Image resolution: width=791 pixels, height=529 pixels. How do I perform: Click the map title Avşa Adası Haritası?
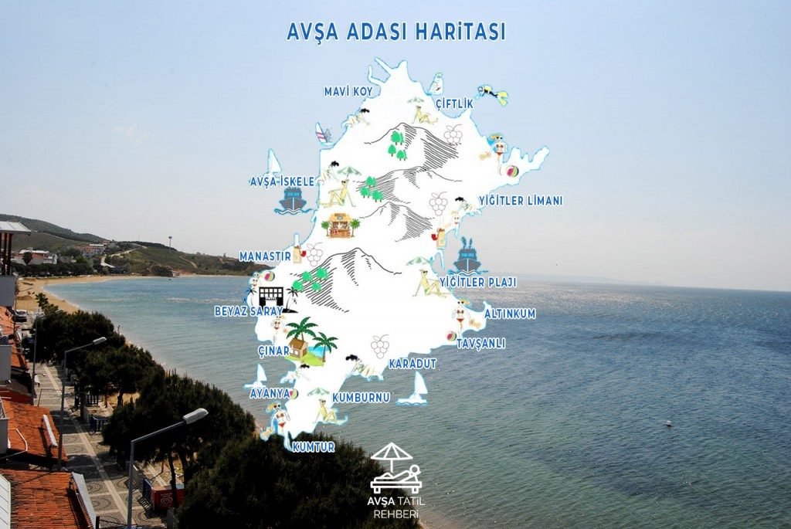pyautogui.click(x=395, y=32)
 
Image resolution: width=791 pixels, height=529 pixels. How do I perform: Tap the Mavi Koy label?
pyautogui.click(x=348, y=92)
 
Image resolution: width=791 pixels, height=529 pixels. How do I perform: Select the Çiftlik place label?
pyautogui.click(x=454, y=103)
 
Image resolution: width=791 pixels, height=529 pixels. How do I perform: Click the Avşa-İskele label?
pyautogui.click(x=281, y=181)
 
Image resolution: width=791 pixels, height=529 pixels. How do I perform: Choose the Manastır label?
pyautogui.click(x=265, y=256)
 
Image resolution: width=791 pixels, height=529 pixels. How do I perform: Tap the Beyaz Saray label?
pyautogui.click(x=248, y=311)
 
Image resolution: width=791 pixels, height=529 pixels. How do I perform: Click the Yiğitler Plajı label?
pyautogui.click(x=477, y=282)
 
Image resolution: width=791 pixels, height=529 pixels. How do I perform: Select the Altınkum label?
pyautogui.click(x=510, y=314)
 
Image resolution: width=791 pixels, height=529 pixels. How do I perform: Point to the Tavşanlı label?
pyautogui.click(x=480, y=344)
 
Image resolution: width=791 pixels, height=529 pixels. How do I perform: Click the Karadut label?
pyautogui.click(x=412, y=363)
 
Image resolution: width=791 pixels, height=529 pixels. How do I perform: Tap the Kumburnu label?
pyautogui.click(x=362, y=398)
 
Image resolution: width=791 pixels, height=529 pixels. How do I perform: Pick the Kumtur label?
pyautogui.click(x=314, y=447)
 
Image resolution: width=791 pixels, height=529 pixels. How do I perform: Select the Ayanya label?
pyautogui.click(x=269, y=393)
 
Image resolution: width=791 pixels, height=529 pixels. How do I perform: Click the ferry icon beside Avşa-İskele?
pyautogui.click(x=292, y=200)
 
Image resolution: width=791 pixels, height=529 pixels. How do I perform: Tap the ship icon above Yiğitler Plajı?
pyautogui.click(x=467, y=256)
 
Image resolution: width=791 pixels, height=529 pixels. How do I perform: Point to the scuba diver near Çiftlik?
pyautogui.click(x=493, y=95)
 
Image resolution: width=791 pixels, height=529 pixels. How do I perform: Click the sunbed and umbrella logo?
pyautogui.click(x=395, y=469)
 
